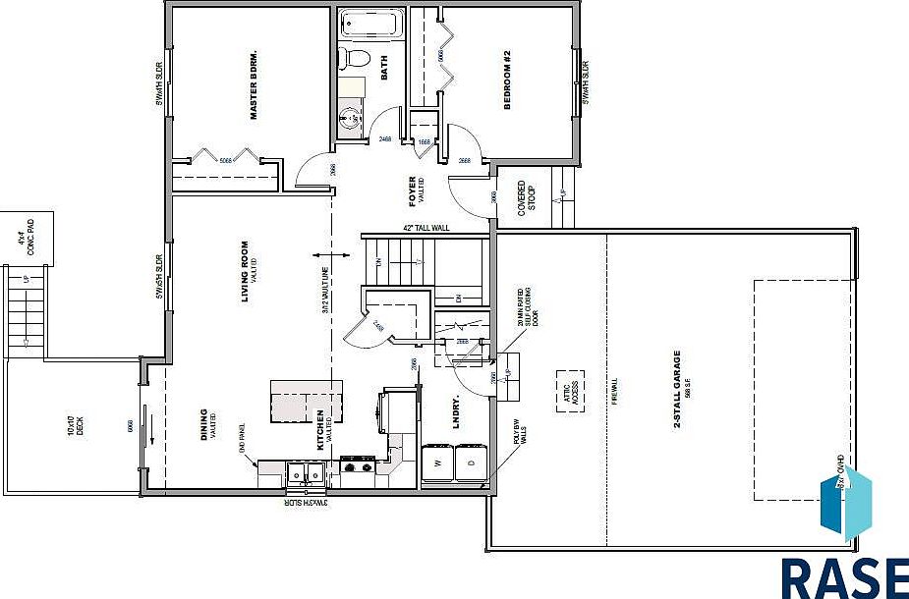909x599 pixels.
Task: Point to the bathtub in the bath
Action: [x=370, y=24]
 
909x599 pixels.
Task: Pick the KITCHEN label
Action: [x=320, y=430]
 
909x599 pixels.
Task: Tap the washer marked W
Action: [x=437, y=463]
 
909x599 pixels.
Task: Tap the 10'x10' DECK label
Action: [x=72, y=424]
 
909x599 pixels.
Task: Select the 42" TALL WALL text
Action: [x=426, y=229]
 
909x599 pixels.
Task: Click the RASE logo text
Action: [x=844, y=576]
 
